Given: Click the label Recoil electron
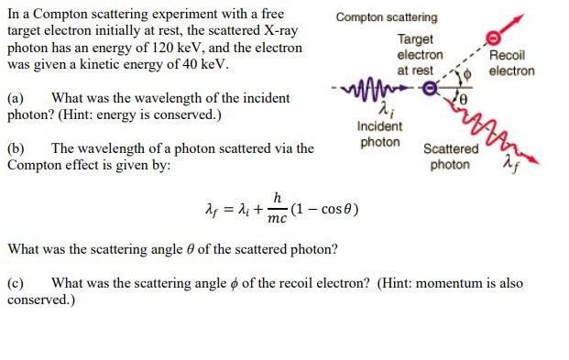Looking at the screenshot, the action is [511, 63].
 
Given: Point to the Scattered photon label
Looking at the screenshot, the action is [450, 157].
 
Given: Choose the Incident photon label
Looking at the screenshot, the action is [380, 135].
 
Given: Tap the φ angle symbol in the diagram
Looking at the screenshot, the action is [472, 75].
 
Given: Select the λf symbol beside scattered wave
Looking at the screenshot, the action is [510, 165].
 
